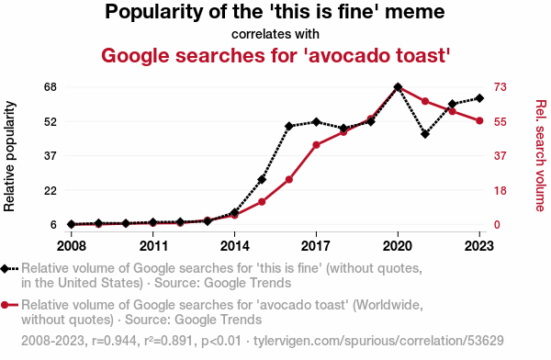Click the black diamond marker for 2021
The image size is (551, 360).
pyautogui.click(x=425, y=134)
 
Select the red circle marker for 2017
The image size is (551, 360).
pyautogui.click(x=316, y=145)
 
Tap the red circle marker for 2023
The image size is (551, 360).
pyautogui.click(x=479, y=121)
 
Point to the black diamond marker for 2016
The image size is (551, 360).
pyautogui.click(x=289, y=126)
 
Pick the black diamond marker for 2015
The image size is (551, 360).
pyautogui.click(x=262, y=180)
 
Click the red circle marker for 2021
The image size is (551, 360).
pyautogui.click(x=425, y=101)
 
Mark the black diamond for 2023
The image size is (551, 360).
pyautogui.click(x=479, y=98)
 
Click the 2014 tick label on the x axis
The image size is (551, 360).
pyautogui.click(x=235, y=246)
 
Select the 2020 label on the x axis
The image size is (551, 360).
pyautogui.click(x=398, y=246)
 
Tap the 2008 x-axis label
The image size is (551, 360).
pyautogui.click(x=72, y=246)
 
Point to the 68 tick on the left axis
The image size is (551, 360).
pyautogui.click(x=51, y=87)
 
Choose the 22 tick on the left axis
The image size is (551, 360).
pyautogui.click(x=51, y=191)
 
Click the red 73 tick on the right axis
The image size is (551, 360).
pyautogui.click(x=500, y=87)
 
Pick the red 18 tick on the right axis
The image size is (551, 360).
pyautogui.click(x=500, y=191)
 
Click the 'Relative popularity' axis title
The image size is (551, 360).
pyautogui.click(x=9, y=156)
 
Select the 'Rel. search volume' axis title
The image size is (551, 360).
pyautogui.click(x=541, y=156)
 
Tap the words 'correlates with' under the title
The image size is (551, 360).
pyautogui.click(x=275, y=34)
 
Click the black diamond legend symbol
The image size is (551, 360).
pyautogui.click(x=6, y=268)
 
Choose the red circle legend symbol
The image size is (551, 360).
pyautogui.click(x=5, y=305)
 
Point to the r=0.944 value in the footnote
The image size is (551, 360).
pyautogui.click(x=114, y=341)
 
